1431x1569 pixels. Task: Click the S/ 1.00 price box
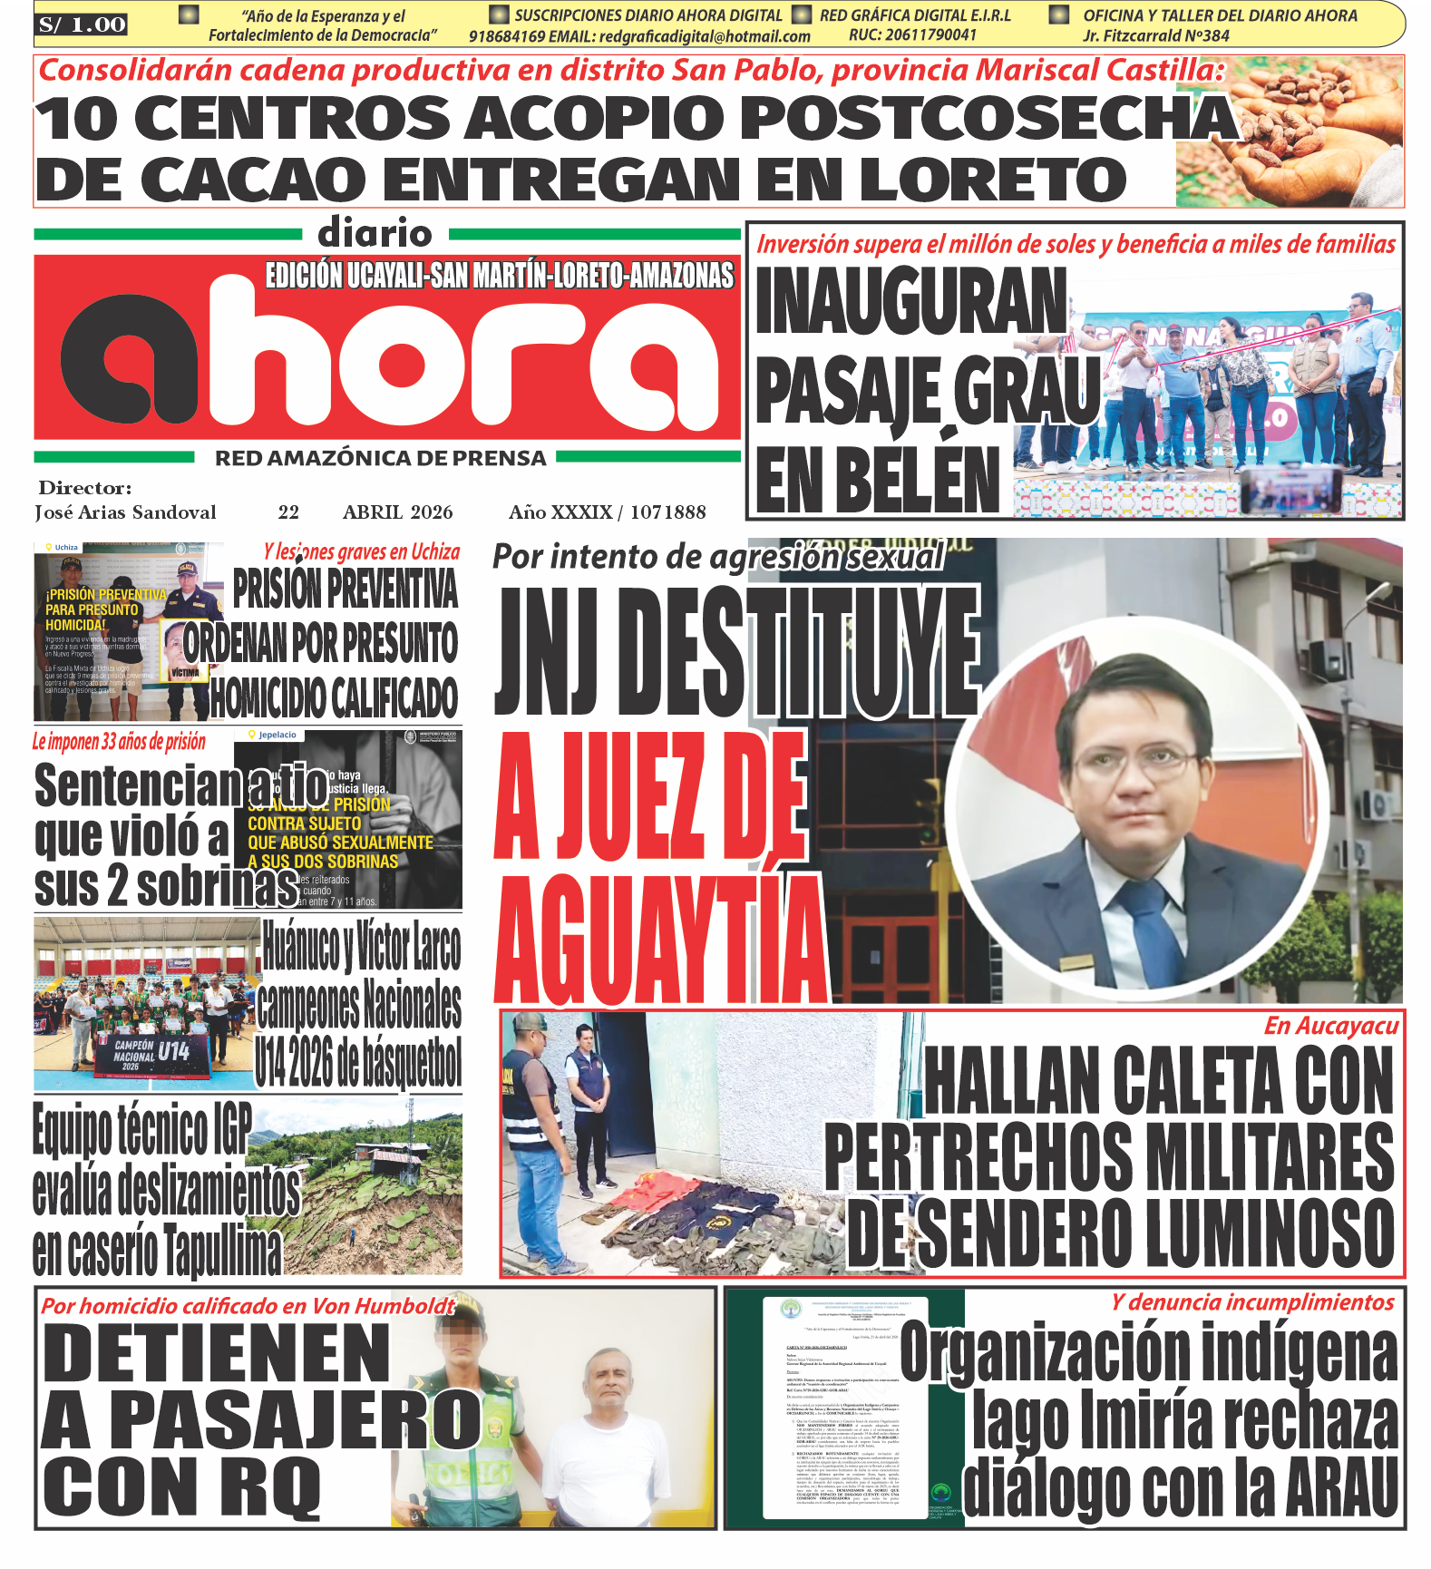click(82, 25)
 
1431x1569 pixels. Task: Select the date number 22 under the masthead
click(288, 512)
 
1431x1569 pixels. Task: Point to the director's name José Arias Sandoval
click(126, 512)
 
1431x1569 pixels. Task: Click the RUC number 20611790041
click(913, 35)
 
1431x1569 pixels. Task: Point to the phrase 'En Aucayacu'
click(1330, 1026)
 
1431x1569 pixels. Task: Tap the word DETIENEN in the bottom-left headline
click(216, 1352)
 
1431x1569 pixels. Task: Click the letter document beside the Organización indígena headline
click(843, 1410)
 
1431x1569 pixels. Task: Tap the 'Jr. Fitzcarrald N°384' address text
click(1155, 36)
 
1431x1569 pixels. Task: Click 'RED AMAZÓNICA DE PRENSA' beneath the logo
click(381, 458)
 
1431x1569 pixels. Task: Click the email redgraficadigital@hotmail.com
click(705, 36)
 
